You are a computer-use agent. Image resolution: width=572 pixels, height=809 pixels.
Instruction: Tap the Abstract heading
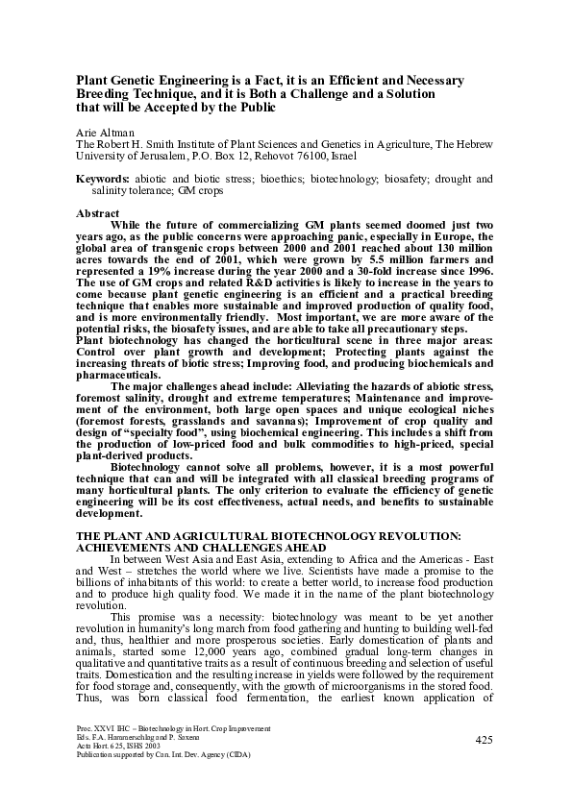coord(98,213)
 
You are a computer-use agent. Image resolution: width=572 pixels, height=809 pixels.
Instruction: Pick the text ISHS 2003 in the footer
coord(139,774)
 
